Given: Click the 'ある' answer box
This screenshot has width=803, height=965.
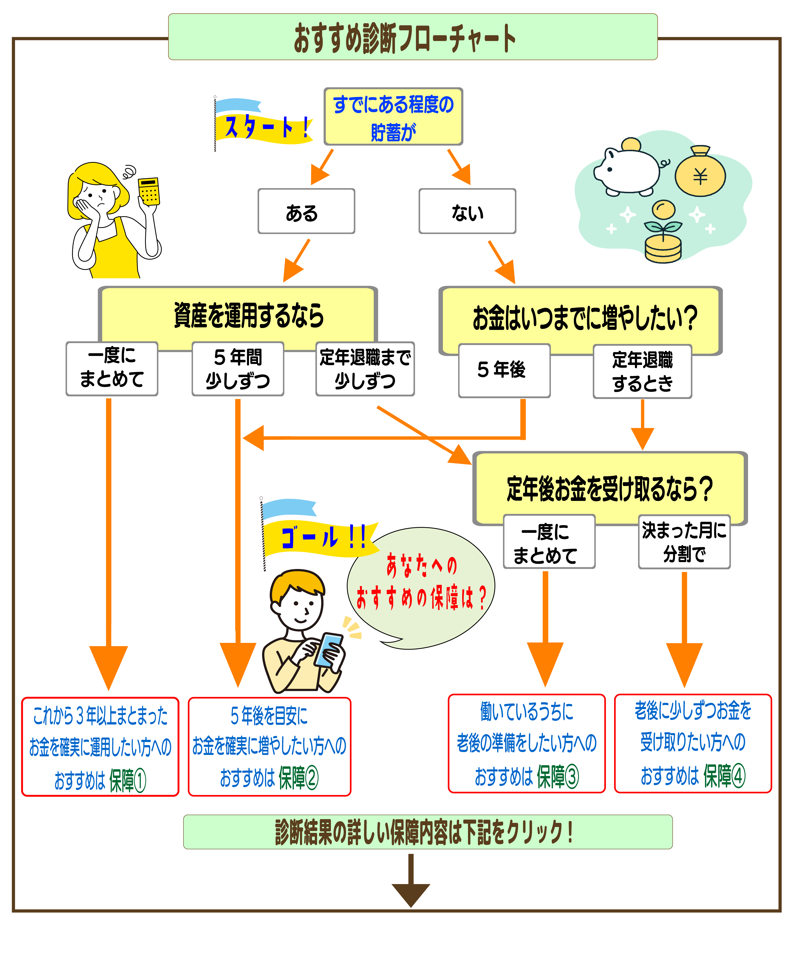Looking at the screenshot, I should tap(306, 211).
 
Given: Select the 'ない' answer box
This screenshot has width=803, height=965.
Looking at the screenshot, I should tap(467, 211).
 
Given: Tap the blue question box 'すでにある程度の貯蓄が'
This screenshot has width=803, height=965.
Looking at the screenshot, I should tap(393, 117).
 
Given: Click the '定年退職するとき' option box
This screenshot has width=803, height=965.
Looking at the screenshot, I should tap(642, 371).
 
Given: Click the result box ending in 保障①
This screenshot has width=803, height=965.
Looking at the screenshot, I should tap(100, 747).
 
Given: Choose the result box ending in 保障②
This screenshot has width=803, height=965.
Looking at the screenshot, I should tap(269, 747).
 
